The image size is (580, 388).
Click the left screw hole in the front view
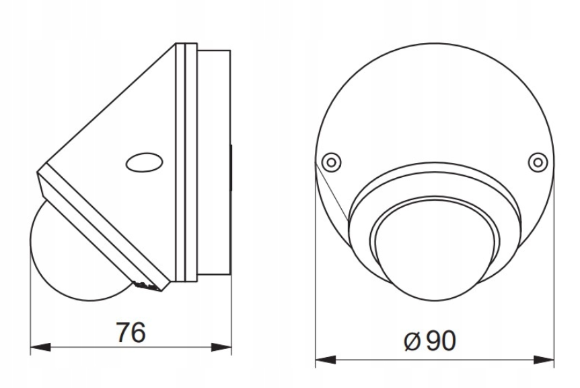tap(330, 162)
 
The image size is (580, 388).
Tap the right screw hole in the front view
tap(536, 162)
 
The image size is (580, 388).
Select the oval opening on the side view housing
tap(145, 162)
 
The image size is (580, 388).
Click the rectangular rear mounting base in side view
tap(214, 162)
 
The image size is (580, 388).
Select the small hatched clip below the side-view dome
tap(148, 286)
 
